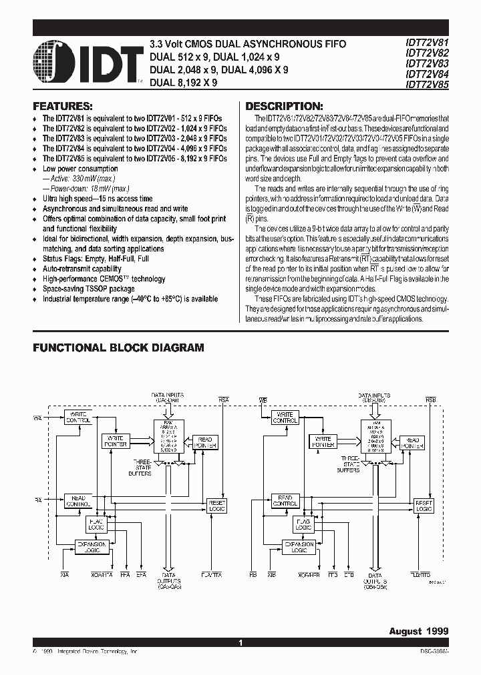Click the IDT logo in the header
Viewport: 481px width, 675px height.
[x=87, y=63]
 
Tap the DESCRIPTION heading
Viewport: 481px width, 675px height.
[x=284, y=107]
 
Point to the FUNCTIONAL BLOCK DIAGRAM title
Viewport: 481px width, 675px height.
[x=118, y=348]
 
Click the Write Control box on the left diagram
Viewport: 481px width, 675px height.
[x=77, y=418]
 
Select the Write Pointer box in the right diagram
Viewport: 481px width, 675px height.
[x=323, y=441]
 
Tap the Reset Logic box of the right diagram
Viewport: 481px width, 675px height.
[x=424, y=505]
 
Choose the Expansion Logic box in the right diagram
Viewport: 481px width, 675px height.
[x=299, y=547]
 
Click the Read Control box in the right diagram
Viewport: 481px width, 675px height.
[x=285, y=500]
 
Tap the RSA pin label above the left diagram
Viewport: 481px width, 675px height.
[x=223, y=399]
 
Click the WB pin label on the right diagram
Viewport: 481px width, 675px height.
[x=263, y=399]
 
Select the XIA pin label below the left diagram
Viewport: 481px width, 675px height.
[x=65, y=574]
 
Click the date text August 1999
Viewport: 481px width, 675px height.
[x=419, y=630]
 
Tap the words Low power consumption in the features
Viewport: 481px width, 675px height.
[x=80, y=169]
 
